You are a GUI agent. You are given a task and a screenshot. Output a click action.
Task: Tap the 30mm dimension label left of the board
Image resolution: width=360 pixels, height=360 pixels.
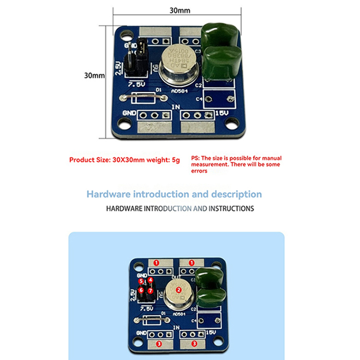94,76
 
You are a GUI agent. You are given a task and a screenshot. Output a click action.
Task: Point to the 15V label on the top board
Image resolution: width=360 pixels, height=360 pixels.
221,113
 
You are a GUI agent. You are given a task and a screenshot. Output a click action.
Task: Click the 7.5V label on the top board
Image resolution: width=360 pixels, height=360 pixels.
136,84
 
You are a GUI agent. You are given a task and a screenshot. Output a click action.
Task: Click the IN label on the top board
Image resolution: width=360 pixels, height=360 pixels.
176,106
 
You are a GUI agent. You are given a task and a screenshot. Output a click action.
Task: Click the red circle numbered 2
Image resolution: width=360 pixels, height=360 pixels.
178,290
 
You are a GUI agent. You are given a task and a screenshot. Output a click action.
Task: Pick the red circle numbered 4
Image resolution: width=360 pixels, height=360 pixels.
150,280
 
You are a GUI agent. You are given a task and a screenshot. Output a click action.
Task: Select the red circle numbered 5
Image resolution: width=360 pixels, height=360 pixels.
141,281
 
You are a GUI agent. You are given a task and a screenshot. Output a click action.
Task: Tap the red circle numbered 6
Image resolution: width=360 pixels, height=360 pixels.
141,290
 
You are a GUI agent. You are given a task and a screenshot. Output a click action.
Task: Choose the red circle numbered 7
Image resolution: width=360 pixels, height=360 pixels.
150,290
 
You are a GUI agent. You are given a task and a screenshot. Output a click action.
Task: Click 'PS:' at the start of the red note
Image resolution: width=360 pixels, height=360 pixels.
196,158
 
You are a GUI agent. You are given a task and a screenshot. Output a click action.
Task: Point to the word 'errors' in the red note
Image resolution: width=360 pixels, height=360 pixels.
199,171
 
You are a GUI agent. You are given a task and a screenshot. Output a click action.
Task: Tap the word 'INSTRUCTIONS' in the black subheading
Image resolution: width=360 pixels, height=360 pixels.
231,209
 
